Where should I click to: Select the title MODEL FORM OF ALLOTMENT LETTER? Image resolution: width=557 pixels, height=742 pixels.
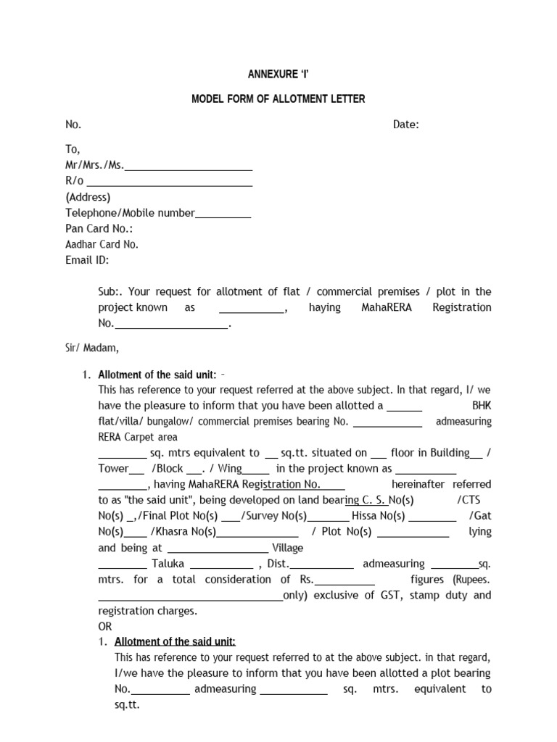278,99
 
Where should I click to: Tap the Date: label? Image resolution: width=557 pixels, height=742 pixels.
406,125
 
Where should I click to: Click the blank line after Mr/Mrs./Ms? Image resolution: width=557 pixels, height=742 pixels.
189,166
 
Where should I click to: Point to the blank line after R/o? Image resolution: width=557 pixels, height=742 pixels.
170,182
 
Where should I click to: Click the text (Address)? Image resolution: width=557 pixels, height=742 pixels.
88,197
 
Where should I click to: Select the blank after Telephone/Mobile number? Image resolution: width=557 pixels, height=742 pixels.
223,213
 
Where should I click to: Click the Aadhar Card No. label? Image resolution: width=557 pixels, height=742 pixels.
102,245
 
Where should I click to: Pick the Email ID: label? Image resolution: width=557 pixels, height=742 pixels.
87,260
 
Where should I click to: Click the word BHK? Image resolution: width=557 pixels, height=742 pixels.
481,406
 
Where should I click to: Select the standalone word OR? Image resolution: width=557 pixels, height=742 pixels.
105,626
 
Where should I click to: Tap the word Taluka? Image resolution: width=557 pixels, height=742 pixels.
168,564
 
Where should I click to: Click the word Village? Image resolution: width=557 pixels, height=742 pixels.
287,548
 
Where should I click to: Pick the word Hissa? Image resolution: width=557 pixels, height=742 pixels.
366,516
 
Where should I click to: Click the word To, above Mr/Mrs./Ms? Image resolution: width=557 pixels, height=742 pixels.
73,150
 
